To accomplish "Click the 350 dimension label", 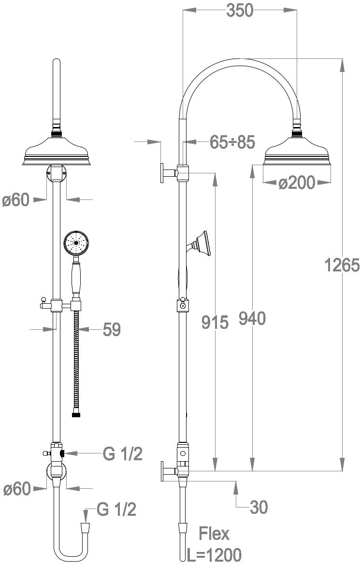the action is [x=240, y=11].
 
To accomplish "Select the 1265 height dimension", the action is [x=342, y=265].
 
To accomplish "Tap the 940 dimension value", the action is [x=252, y=318].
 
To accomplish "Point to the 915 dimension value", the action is [x=215, y=322].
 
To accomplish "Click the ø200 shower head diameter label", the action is [x=297, y=183].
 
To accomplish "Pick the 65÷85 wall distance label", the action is [x=232, y=142].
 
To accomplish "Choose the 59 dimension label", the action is [x=112, y=329].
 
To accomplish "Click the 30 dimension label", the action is [x=259, y=508].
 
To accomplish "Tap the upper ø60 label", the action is [x=16, y=199].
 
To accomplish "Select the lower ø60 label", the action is [x=17, y=489].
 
